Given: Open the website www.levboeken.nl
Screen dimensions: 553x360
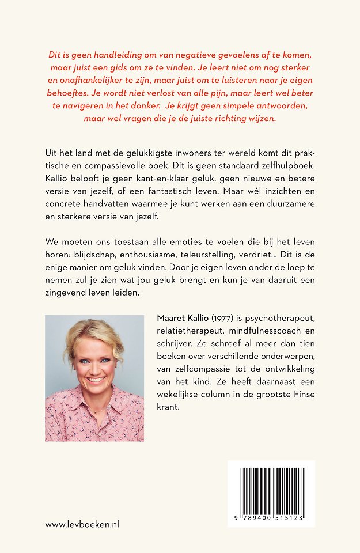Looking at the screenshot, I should coord(82,524).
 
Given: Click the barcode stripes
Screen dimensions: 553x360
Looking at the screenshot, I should coord(271,489).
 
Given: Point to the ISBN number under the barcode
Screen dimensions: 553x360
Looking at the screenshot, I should coord(271,518).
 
